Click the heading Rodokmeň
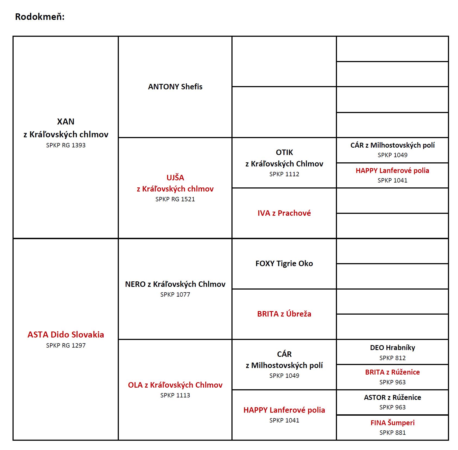click(40, 17)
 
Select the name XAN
click(66, 121)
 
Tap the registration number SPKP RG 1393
click(66, 145)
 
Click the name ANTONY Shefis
click(175, 87)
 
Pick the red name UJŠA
click(175, 177)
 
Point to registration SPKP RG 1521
click(175, 199)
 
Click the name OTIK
click(284, 152)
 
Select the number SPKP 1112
click(284, 174)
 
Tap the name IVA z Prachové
click(284, 213)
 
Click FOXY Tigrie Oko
click(284, 263)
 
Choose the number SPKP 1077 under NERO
click(175, 294)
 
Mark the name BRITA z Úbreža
click(284, 314)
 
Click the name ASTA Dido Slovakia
click(66, 335)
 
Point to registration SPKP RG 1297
click(66, 345)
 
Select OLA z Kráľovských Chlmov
click(175, 385)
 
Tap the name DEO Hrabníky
click(392, 348)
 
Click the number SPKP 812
click(392, 358)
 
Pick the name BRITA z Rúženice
click(392, 372)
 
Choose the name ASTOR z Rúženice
click(392, 397)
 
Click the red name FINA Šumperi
click(392, 423)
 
